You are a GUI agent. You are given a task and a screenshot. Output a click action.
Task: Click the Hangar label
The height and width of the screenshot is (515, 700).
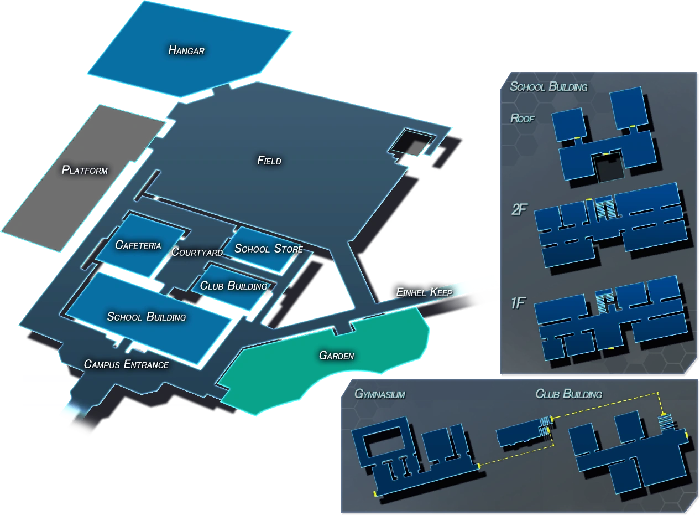[x=186, y=50]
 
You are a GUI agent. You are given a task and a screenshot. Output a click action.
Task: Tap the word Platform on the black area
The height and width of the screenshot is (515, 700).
[x=85, y=169]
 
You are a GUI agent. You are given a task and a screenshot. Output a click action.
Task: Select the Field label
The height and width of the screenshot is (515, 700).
[x=269, y=161]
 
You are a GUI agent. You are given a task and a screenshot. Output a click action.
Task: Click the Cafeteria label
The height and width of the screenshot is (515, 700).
[x=138, y=245]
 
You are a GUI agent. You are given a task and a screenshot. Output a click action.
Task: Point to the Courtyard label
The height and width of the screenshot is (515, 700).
[x=197, y=252]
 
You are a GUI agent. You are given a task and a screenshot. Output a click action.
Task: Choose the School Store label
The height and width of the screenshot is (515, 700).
[x=269, y=249]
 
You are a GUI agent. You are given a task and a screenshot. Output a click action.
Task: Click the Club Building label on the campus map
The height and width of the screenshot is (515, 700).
[x=233, y=286]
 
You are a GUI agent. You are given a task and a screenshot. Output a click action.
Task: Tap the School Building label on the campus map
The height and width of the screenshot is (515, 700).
[x=147, y=317]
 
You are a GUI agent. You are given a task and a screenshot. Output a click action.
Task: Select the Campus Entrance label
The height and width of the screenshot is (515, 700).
[x=126, y=364]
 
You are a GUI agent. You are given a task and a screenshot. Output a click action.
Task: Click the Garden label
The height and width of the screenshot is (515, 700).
[x=336, y=356]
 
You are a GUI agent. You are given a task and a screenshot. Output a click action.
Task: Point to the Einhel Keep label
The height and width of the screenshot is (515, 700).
[x=424, y=292]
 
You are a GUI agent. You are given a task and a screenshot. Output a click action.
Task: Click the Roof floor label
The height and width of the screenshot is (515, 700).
[x=522, y=118]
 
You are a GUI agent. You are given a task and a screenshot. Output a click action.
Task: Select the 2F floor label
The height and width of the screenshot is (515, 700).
[x=519, y=210]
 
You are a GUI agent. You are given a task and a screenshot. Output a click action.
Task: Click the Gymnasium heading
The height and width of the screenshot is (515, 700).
[x=380, y=394]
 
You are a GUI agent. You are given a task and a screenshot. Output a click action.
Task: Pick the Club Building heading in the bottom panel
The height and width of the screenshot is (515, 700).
[x=568, y=394]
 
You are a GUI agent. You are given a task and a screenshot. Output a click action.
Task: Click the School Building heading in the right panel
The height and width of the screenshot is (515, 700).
[x=548, y=86]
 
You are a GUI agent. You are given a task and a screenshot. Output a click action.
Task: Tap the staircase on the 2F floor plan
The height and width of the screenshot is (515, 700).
[x=605, y=209]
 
